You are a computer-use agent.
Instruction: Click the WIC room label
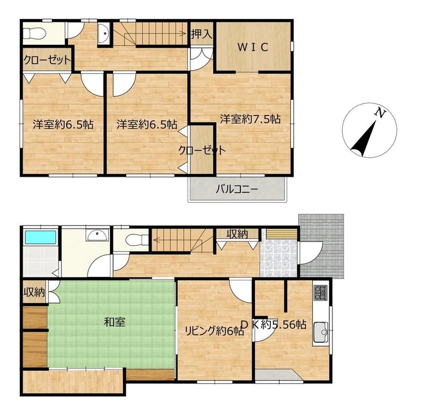253,47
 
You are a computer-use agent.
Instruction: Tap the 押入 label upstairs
201,34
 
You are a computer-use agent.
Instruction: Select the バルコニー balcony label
237,189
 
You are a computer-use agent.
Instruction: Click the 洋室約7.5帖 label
250,119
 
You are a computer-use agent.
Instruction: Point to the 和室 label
114,322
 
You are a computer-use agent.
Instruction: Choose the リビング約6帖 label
214,331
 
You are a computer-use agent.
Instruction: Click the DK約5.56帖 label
274,324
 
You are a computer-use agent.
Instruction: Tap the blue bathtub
41,237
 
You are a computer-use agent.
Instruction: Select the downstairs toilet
137,240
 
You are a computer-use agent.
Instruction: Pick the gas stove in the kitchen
320,293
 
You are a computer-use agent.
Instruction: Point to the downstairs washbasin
97,235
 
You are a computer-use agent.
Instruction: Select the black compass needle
364,139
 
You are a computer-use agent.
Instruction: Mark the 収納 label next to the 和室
34,292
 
